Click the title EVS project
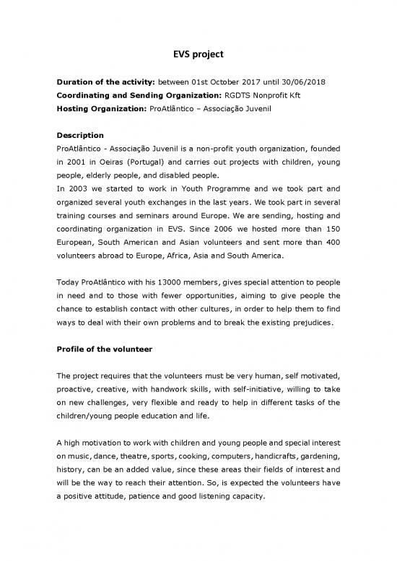tap(198, 53)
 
